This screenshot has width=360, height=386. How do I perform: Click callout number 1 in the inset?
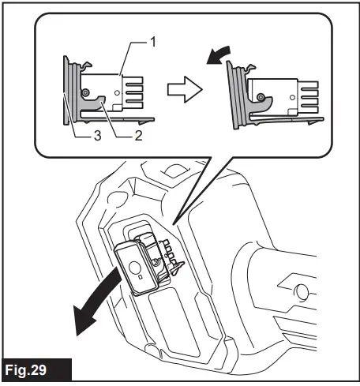click(x=151, y=37)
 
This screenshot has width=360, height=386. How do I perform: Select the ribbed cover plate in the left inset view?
click(x=71, y=91)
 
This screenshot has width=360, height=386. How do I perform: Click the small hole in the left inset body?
click(x=117, y=103)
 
